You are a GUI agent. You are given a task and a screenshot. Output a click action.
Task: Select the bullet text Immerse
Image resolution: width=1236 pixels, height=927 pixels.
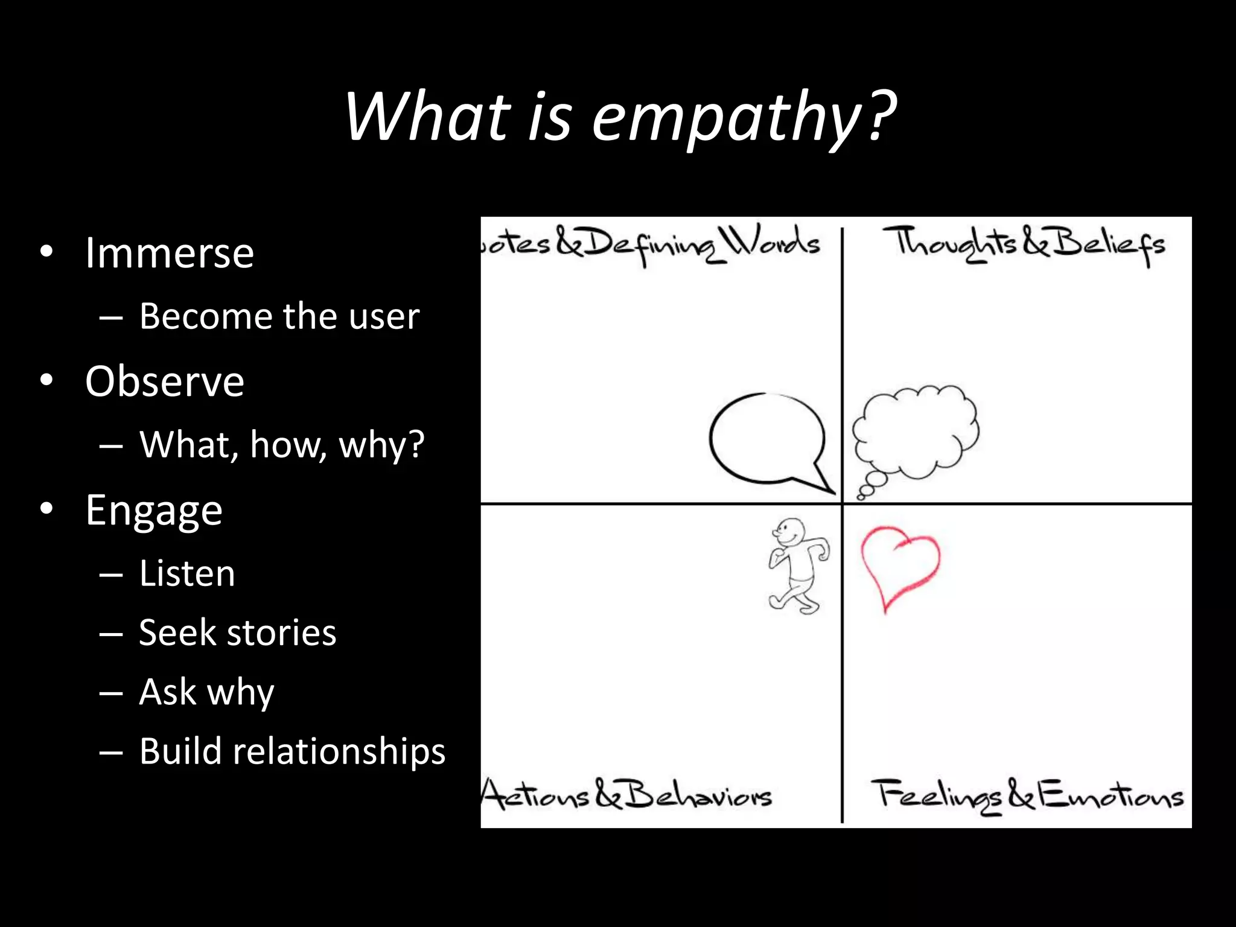click(170, 253)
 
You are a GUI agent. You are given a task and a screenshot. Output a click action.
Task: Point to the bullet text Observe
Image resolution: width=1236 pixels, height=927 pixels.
click(165, 381)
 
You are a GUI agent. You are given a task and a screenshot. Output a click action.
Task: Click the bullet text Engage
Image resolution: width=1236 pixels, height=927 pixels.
click(154, 511)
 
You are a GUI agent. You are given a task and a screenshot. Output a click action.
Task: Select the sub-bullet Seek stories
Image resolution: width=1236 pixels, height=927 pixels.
click(237, 632)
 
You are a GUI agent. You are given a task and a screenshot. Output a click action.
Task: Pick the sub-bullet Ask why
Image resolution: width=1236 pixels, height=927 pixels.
click(206, 692)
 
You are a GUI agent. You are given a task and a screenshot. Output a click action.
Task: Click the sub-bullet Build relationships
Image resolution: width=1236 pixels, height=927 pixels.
click(292, 751)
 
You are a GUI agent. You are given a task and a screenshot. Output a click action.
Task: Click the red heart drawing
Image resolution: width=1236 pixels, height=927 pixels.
click(899, 564)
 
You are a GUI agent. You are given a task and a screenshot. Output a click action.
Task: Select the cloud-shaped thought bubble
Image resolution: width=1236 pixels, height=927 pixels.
click(916, 432)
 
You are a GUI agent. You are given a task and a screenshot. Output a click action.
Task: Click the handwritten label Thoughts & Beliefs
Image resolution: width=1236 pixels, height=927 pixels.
click(1024, 244)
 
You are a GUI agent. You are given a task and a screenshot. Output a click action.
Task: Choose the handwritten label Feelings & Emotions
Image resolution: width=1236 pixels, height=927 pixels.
click(1027, 796)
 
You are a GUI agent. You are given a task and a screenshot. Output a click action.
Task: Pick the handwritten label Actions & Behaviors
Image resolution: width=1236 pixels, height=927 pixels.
click(628, 795)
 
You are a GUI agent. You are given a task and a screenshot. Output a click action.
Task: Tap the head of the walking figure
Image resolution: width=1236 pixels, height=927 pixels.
click(791, 531)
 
